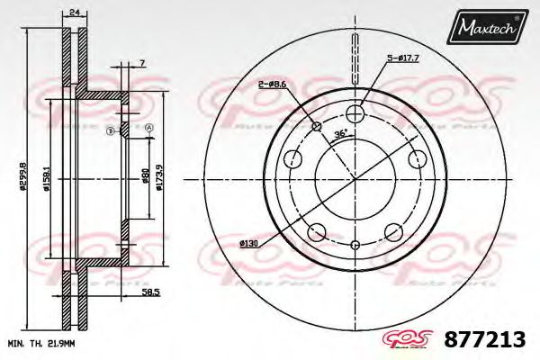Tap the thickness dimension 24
click(x=75, y=13)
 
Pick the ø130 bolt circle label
click(x=249, y=244)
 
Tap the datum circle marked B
click(x=110, y=131)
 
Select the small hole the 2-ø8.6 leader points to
click(x=316, y=125)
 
